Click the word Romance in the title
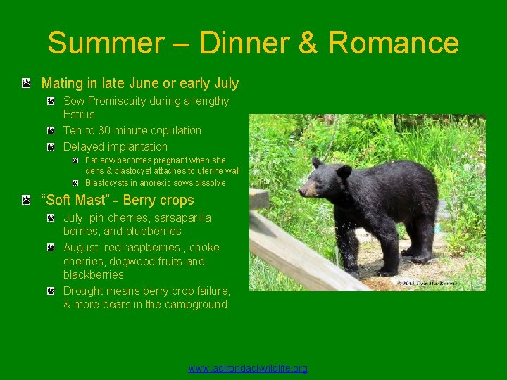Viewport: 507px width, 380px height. (393, 43)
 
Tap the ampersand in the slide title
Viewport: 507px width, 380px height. (308, 43)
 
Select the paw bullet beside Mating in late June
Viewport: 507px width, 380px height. (25, 84)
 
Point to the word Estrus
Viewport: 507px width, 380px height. (79, 114)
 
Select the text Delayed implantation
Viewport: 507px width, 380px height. (115, 147)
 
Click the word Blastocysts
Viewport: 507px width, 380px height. (108, 183)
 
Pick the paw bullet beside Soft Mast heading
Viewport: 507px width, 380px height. (25, 201)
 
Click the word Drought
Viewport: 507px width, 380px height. (84, 291)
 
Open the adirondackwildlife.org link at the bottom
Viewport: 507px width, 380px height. (248, 368)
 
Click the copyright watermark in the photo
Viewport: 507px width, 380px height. (425, 284)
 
